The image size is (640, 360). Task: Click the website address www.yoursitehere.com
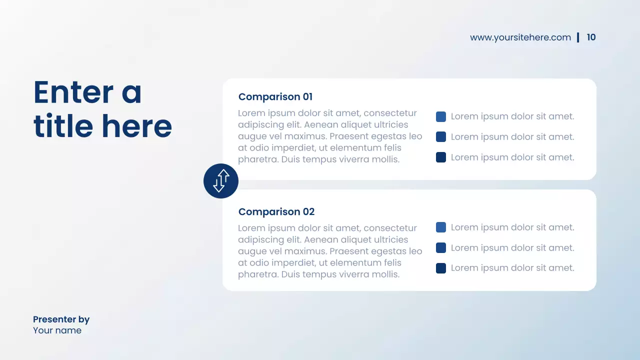520,37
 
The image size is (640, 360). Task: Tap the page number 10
591,37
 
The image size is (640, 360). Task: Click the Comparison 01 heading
275,97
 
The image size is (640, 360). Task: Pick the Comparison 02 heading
276,212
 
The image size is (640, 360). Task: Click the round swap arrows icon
221,181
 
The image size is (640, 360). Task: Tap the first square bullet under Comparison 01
441,117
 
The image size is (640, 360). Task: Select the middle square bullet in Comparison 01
441,137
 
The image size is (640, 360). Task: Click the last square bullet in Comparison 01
441,157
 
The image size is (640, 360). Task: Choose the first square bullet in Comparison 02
441,227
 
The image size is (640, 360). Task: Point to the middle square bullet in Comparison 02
441,248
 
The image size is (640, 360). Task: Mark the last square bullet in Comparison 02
441,268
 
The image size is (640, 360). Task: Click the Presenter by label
61,319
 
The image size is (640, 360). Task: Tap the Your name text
57,330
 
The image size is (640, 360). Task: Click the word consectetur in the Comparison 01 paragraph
390,113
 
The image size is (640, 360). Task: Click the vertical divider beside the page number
578,37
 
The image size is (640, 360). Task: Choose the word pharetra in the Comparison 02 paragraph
257,274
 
